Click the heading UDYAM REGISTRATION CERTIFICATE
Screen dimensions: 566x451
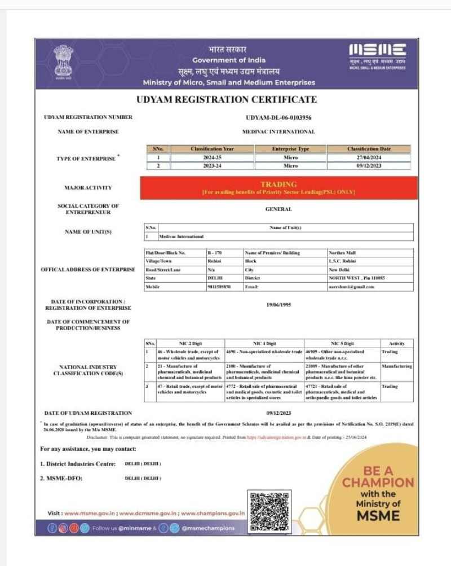[227, 100]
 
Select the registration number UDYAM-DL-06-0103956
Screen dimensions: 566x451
[278, 117]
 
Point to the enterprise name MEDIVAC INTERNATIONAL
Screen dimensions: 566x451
[278, 131]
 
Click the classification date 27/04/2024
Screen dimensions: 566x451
[369, 158]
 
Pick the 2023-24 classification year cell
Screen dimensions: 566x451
[212, 166]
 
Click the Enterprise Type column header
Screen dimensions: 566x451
[290, 149]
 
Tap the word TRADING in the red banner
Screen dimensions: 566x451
[278, 185]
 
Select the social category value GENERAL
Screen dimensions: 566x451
[278, 209]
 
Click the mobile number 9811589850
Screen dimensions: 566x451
[219, 287]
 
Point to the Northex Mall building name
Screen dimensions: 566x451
[343, 253]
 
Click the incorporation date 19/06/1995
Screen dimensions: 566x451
[278, 305]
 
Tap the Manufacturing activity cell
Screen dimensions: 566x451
[396, 366]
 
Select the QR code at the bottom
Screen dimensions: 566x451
[270, 511]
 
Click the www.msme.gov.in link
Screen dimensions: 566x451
[90, 514]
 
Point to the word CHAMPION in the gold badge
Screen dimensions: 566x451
[378, 482]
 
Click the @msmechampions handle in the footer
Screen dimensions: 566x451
[208, 528]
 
